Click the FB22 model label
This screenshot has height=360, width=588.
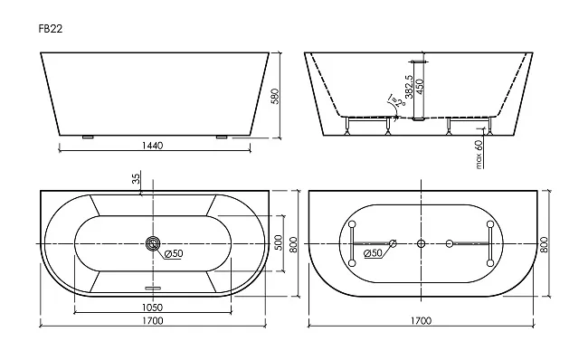pyautogui.click(x=51, y=29)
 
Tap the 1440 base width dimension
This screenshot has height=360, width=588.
pyautogui.click(x=153, y=145)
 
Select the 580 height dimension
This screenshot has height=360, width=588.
pyautogui.click(x=275, y=97)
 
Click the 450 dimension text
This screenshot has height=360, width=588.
pyautogui.click(x=420, y=87)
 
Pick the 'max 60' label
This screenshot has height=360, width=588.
pyautogui.click(x=479, y=154)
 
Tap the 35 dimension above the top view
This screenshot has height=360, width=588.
pyautogui.click(x=136, y=178)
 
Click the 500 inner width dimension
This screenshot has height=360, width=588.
pyautogui.click(x=278, y=243)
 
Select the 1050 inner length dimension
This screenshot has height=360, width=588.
pyautogui.click(x=152, y=308)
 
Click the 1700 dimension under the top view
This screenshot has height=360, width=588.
pyautogui.click(x=153, y=320)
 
